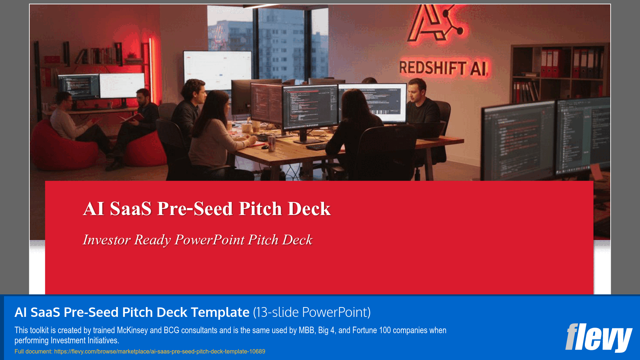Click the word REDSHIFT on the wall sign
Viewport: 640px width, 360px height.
point(432,68)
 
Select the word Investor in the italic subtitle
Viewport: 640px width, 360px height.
point(106,240)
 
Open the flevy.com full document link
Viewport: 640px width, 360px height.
point(160,351)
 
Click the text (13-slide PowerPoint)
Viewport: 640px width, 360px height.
point(312,312)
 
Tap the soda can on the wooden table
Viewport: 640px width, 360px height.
point(271,144)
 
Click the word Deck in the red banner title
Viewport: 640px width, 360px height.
point(309,209)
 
